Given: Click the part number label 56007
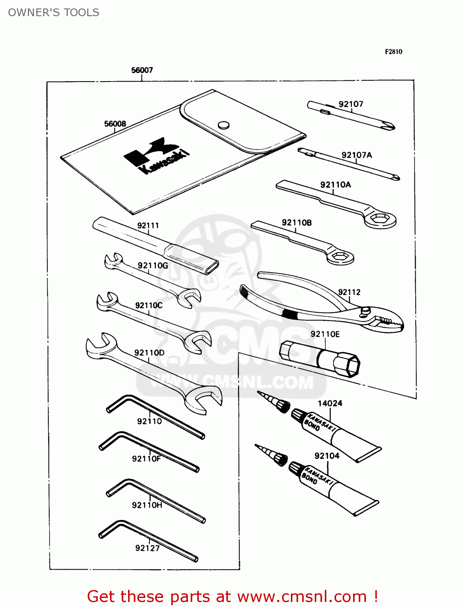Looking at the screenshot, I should [x=142, y=70].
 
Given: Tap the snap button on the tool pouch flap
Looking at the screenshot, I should [x=223, y=125].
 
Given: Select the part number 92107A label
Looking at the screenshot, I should [x=356, y=155].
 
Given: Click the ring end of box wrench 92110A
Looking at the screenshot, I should [x=380, y=219].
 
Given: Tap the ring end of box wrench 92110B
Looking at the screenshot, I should [x=340, y=257].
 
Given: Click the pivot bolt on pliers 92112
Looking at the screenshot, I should [x=366, y=310].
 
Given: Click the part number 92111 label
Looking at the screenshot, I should [x=148, y=226].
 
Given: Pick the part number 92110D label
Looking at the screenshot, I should [x=149, y=353].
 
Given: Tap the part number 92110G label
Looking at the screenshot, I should [x=152, y=265].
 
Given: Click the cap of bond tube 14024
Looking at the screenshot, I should [x=298, y=416].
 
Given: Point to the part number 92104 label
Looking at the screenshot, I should [x=327, y=456].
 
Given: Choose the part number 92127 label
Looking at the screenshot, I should [x=147, y=548].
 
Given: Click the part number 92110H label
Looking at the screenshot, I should [x=147, y=505].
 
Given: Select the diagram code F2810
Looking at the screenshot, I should [x=393, y=52].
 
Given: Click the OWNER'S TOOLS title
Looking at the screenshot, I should [x=54, y=13].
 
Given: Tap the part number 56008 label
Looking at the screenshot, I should [x=115, y=124].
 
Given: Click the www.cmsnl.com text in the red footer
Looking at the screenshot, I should [x=302, y=597].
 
